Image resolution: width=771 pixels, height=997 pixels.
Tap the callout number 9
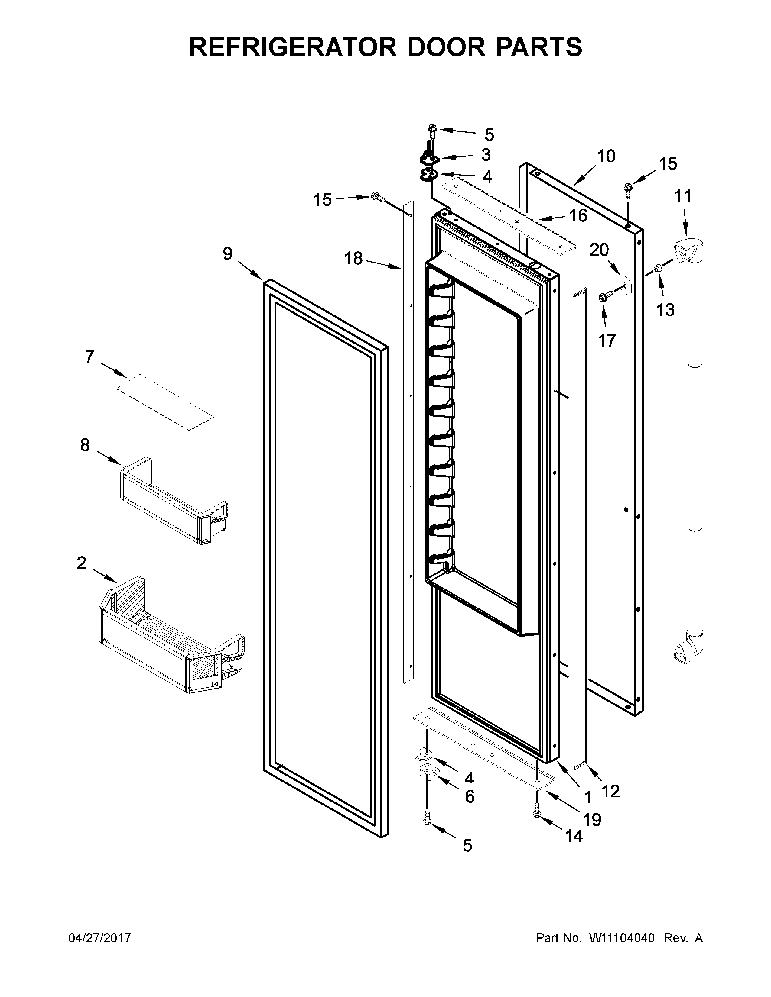[227, 254]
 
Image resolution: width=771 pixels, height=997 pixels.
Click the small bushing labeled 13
[657, 268]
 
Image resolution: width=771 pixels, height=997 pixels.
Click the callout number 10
[606, 156]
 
